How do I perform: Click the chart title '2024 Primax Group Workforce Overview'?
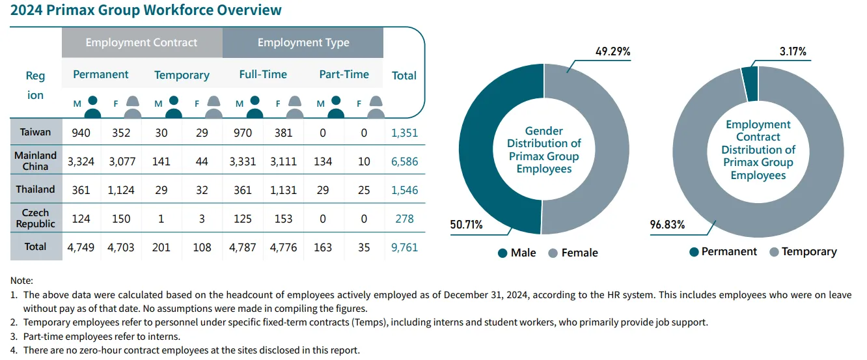coord(146,10)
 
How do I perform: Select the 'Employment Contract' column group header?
coord(141,43)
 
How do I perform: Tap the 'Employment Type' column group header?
coord(303,43)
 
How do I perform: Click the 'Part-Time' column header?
coord(344,74)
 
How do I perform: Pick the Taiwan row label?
coord(35,132)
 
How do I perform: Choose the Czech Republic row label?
coord(35,218)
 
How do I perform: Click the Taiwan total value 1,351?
coord(404,133)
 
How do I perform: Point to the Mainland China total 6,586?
coord(404,161)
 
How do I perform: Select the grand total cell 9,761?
coord(404,247)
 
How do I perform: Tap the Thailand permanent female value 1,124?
coord(121,190)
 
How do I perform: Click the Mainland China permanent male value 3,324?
coord(81,161)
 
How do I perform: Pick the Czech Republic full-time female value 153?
coord(283,219)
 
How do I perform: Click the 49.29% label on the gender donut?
coord(612,51)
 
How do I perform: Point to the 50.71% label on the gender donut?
coord(466,225)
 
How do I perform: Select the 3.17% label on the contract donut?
coord(793,51)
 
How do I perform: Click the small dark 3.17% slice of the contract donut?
coord(750,85)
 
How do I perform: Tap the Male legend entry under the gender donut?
coord(517,253)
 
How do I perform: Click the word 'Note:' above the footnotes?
coord(21,280)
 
